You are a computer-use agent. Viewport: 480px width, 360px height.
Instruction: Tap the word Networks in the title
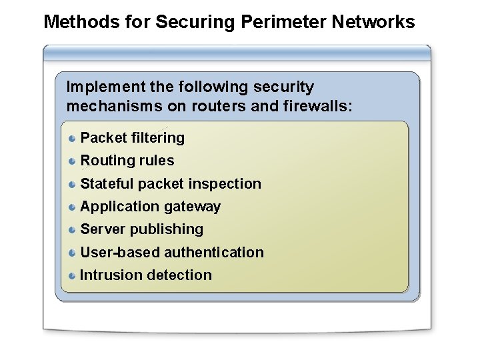coord(375,22)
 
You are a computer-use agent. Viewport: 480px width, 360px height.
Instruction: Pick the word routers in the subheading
coord(224,105)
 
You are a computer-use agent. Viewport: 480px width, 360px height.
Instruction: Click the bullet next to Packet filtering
coord(72,138)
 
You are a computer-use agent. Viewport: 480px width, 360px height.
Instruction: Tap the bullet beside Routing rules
coord(72,161)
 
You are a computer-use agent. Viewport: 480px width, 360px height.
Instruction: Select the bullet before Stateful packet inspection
coord(72,183)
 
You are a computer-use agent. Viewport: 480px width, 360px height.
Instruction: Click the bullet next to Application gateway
coord(72,207)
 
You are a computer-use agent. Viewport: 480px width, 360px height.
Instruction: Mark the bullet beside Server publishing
coord(72,229)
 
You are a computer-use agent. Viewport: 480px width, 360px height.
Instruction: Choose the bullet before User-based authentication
coord(72,253)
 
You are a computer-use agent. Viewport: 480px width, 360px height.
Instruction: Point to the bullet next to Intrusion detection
coord(72,275)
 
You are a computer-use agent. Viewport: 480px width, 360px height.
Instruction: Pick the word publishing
coord(172,229)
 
